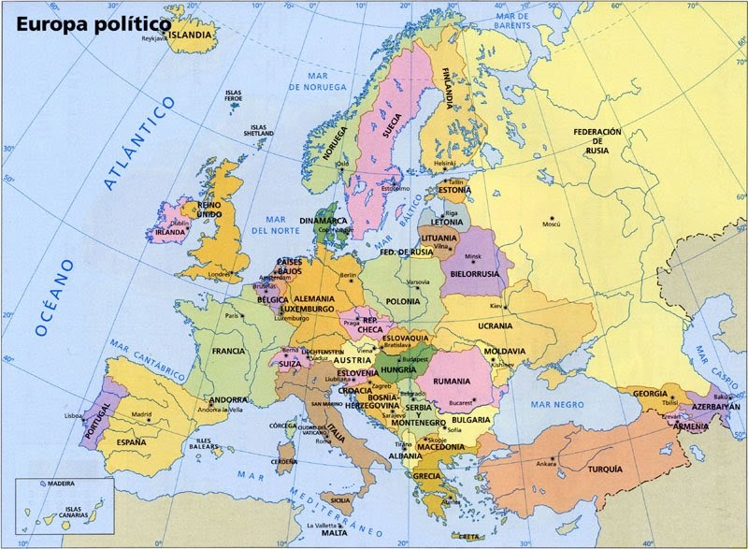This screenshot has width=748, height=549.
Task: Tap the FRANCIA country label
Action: (x=227, y=351)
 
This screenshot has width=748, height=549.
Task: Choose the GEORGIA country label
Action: (x=650, y=394)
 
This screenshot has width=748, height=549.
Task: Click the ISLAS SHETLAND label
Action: (x=260, y=130)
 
